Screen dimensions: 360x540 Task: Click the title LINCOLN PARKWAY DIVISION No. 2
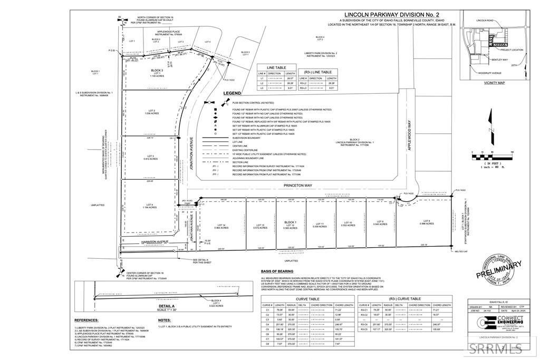tap(385, 15)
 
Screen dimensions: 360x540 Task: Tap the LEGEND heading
tap(232, 93)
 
